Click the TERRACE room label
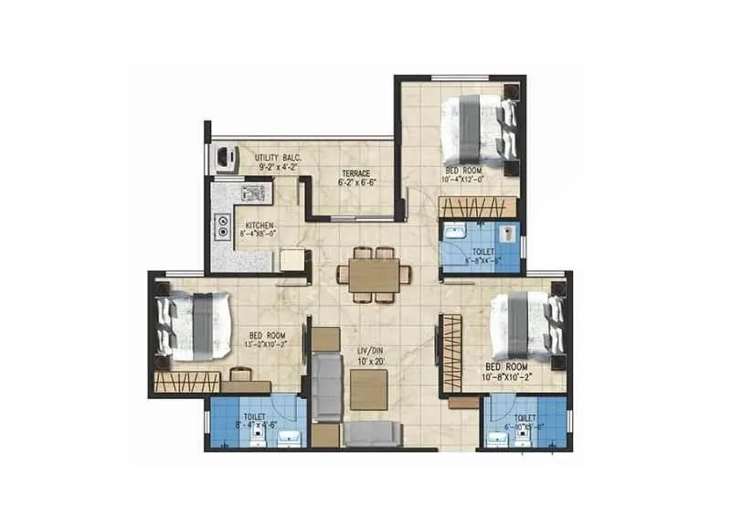pyautogui.click(x=355, y=173)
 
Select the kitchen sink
pyautogui.click(x=251, y=193)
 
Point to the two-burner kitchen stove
pyautogui.click(x=222, y=226)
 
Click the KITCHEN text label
pyautogui.click(x=259, y=225)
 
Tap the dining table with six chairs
pyautogui.click(x=373, y=274)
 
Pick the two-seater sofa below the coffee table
pyautogui.click(x=370, y=434)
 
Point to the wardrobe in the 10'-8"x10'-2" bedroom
pyautogui.click(x=449, y=353)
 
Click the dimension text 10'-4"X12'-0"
pyautogui.click(x=466, y=180)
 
